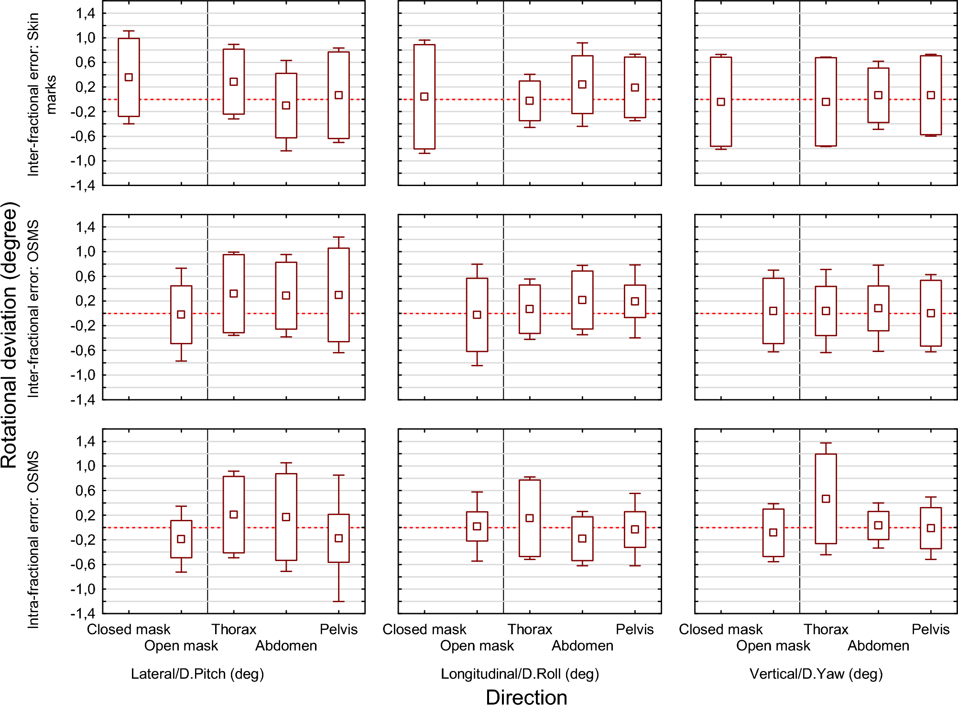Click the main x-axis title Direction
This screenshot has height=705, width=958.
point(526,697)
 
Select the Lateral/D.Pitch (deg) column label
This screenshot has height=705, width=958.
point(197,673)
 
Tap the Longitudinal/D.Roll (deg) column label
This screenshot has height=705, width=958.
point(520,673)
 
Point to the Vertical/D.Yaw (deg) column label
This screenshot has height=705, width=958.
point(816,673)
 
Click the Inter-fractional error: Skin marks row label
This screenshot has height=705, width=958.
point(41,94)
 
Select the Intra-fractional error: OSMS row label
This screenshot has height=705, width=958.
point(33,539)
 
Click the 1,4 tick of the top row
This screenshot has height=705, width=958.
point(86,13)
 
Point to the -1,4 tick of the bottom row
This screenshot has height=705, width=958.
point(82,613)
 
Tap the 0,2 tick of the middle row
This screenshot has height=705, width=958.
point(86,301)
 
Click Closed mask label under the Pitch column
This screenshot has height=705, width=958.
point(129,629)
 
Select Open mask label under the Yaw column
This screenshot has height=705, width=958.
point(773,646)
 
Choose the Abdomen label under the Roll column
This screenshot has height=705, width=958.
point(582,646)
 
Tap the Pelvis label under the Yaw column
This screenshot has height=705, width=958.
point(930,629)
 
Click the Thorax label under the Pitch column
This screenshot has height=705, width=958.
point(234,629)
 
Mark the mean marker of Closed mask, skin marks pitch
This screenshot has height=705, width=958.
point(129,77)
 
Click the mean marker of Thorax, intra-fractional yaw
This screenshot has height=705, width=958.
point(826,499)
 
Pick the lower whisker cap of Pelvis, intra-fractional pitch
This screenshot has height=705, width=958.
point(338,601)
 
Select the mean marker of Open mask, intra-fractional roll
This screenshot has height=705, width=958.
point(477,526)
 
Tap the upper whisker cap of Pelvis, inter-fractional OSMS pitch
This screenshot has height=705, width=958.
point(338,237)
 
